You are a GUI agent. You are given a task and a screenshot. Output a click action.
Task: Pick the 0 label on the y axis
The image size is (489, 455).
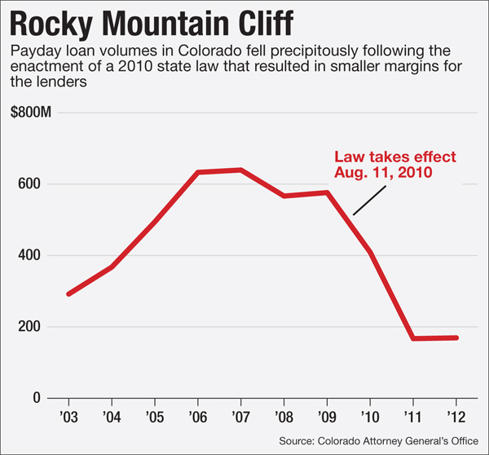pyautogui.click(x=37, y=398)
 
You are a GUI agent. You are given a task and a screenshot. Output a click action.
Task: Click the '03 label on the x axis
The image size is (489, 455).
pyautogui.click(x=68, y=417)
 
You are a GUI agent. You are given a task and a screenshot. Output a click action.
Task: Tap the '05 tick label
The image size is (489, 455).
pyautogui.click(x=155, y=417)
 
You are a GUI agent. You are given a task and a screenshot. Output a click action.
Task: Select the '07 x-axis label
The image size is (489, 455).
pyautogui.click(x=241, y=417)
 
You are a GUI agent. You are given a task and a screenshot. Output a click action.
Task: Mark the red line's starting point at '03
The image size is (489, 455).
pyautogui.click(x=68, y=294)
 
